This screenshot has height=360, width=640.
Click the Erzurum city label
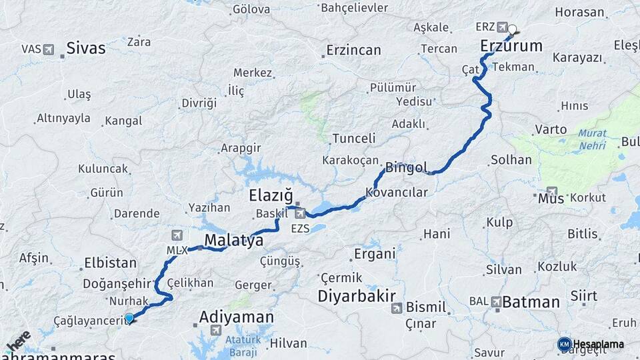[x=511, y=46]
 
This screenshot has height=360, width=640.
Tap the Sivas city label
[x=86, y=48]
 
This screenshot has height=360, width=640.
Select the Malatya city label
[x=233, y=240]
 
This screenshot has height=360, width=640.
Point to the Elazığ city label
[x=271, y=196]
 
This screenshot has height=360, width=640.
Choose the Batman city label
[x=531, y=302]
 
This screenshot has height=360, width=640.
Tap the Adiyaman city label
[x=237, y=316]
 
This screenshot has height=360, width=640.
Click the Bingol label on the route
[x=406, y=167]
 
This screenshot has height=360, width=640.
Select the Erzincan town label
[x=353, y=50]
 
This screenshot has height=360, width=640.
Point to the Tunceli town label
[x=354, y=138]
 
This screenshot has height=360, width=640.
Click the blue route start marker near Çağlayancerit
[x=129, y=319]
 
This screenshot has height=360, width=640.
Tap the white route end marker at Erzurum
[x=513, y=29]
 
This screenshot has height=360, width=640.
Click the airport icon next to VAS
[x=48, y=49]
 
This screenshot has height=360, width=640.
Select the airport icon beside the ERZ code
[x=501, y=27]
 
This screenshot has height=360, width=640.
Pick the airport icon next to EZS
[x=301, y=214]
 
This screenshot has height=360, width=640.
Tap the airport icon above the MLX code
[x=177, y=235]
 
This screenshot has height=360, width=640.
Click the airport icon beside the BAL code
[x=496, y=302]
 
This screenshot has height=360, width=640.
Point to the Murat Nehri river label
[x=592, y=139]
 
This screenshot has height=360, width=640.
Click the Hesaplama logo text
[x=598, y=345]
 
